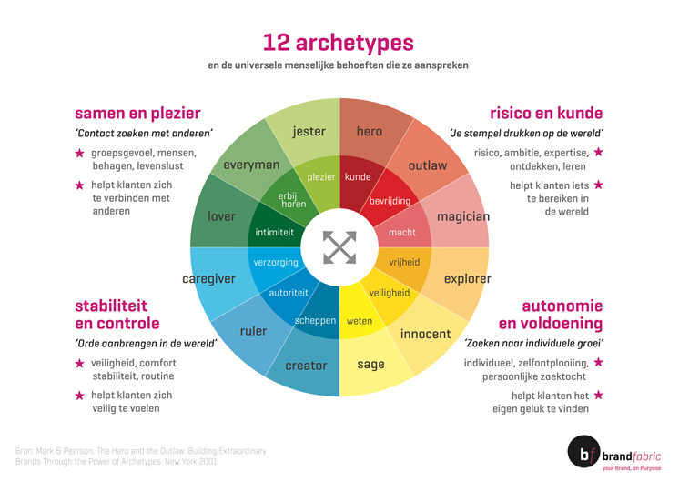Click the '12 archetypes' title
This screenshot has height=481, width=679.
pyautogui.click(x=339, y=43)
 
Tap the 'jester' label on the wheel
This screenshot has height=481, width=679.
pyautogui.click(x=309, y=132)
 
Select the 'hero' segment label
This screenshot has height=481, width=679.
pyautogui.click(x=370, y=131)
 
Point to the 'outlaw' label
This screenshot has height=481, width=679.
pyautogui.click(x=428, y=165)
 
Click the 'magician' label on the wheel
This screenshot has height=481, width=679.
pyautogui.click(x=463, y=216)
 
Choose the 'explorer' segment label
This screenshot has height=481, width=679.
pyautogui.click(x=467, y=279)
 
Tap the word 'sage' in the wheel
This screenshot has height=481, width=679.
pyautogui.click(x=370, y=365)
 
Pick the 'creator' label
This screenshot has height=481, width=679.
pyautogui.click(x=306, y=366)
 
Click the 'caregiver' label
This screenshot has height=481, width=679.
pyautogui.click(x=208, y=279)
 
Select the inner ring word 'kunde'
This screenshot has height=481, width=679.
pyautogui.click(x=358, y=177)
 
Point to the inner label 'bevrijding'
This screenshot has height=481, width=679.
pyautogui.click(x=390, y=201)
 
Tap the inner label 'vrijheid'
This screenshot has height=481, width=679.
pyautogui.click(x=404, y=262)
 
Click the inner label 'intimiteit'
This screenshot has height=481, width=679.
pyautogui.click(x=274, y=232)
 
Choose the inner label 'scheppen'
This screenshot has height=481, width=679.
pyautogui.click(x=315, y=321)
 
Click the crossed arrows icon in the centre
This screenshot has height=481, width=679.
pyautogui.click(x=339, y=247)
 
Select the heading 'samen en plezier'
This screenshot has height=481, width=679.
pyautogui.click(x=137, y=114)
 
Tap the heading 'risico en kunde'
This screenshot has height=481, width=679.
pyautogui.click(x=546, y=114)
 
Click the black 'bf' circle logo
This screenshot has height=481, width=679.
pyautogui.click(x=583, y=452)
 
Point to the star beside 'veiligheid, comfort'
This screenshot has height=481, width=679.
pyautogui.click(x=79, y=364)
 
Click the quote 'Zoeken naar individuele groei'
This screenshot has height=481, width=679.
pyautogui.click(x=533, y=344)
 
